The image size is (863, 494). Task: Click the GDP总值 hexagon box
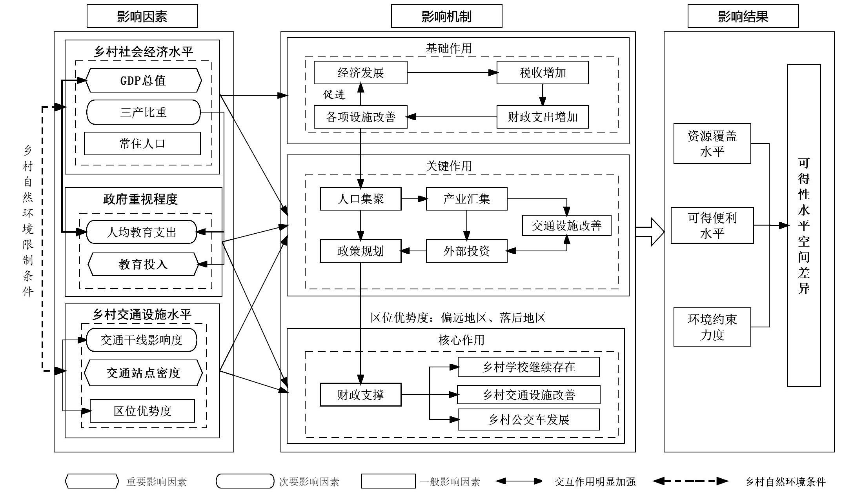[143, 80]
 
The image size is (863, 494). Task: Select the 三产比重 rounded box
[143, 112]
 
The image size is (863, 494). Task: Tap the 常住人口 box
[142, 143]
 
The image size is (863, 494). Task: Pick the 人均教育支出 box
[141, 232]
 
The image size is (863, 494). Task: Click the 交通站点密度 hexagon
[143, 373]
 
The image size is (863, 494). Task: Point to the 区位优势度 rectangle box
[142, 411]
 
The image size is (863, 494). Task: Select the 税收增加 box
[543, 73]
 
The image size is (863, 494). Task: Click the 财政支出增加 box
[543, 117]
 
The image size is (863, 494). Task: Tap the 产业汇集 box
[466, 199]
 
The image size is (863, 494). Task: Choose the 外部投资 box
[466, 251]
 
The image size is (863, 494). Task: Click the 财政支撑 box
[360, 394]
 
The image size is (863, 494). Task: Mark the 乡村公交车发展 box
[528, 420]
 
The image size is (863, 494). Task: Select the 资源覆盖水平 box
[712, 143]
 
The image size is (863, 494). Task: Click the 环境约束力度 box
[712, 327]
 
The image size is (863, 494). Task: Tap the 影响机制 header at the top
[446, 16]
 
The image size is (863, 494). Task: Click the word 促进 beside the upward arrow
[334, 94]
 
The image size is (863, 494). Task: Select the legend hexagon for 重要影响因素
[92, 481]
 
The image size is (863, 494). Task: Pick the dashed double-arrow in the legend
[690, 481]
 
